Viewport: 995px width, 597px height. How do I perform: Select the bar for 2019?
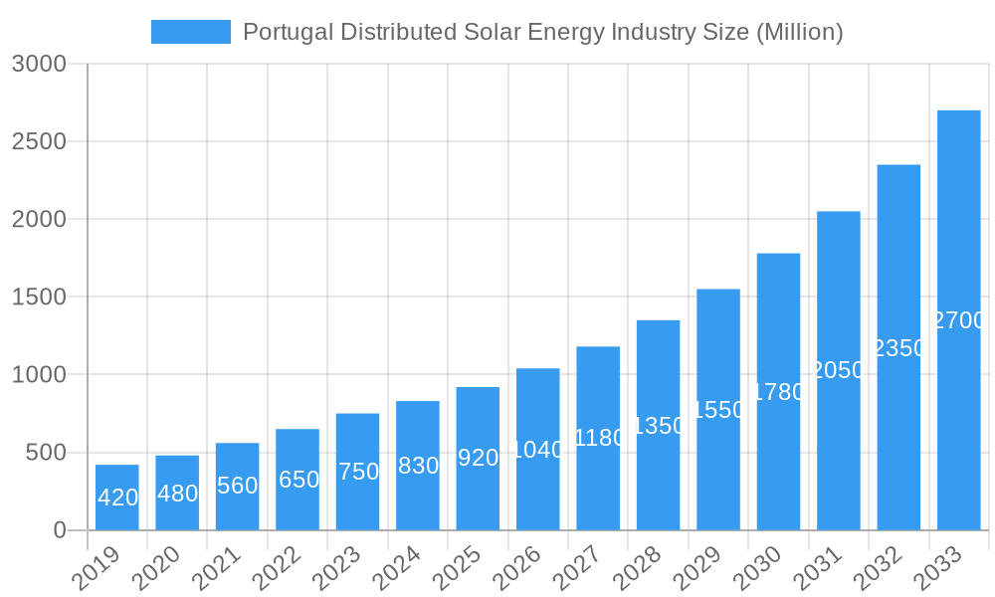[117, 497]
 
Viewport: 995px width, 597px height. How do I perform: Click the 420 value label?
[117, 497]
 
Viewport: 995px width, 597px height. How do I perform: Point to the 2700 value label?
[959, 320]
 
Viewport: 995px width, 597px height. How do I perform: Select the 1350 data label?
[659, 426]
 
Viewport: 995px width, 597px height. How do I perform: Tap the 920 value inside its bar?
[478, 458]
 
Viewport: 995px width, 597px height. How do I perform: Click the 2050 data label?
[839, 370]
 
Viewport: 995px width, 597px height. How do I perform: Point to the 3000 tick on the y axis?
[39, 64]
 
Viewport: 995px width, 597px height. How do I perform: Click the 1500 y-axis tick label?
[39, 297]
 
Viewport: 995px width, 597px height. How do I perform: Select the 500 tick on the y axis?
[46, 453]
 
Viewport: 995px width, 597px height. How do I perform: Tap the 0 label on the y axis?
[60, 530]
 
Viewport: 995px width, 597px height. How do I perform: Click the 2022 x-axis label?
[279, 568]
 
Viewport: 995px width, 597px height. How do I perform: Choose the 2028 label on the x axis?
[639, 568]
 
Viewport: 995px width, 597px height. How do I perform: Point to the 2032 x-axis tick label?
[880, 568]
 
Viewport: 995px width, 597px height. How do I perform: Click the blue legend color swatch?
[190, 32]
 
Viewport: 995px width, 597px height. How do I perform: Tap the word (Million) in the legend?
[800, 32]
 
